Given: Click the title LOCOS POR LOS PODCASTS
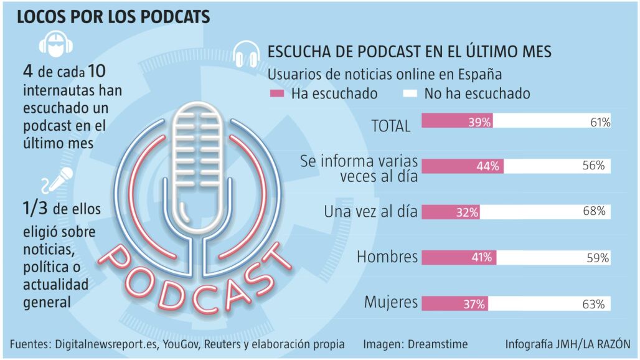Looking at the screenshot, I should pos(113,17).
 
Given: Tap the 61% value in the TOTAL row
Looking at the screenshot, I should pos(600,122).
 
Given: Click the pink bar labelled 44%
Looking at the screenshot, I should pos(462,166).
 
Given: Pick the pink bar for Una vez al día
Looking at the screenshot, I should pos(451,212).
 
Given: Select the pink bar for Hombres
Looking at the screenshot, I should pos(459,257).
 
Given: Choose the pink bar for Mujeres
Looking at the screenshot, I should pos(454,303).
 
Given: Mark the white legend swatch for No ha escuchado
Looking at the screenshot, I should pos(410,94).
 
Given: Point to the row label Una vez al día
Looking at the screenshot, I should pos(370,211).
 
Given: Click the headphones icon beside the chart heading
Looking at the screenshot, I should pos(247,54).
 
